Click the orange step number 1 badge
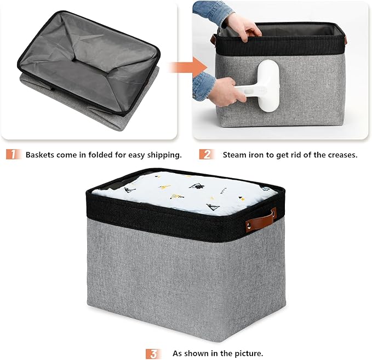(13, 155)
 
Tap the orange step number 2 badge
(206, 155)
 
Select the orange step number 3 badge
(153, 353)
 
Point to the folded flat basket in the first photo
(88, 66)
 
